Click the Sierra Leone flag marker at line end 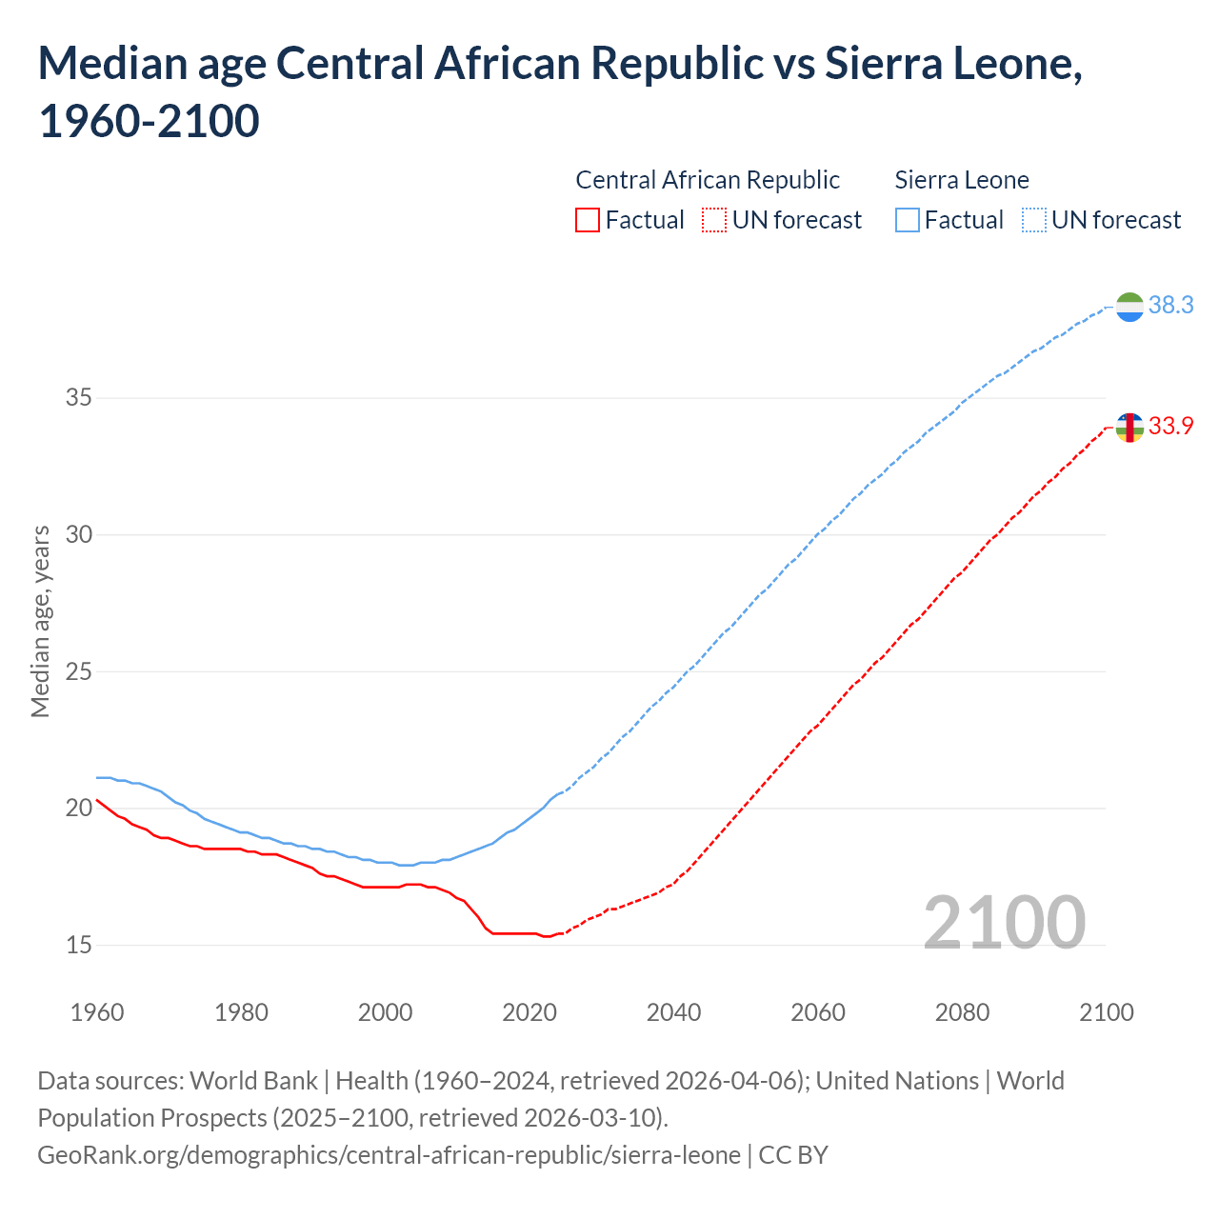[1129, 307]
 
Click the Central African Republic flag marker [1129, 428]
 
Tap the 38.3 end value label [1170, 306]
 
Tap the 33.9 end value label [1170, 427]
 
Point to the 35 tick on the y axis [79, 398]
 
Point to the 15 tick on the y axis [79, 946]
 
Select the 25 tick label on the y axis [79, 672]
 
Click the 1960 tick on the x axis [97, 1012]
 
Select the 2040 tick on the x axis [673, 1012]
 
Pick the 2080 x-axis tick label [962, 1012]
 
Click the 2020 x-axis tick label [530, 1012]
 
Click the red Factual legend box [588, 221]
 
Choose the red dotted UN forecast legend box [714, 221]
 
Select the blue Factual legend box [908, 221]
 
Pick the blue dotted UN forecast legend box [1033, 221]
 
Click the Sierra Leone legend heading [962, 180]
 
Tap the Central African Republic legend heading [708, 180]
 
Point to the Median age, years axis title [40, 621]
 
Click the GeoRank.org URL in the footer [389, 1155]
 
